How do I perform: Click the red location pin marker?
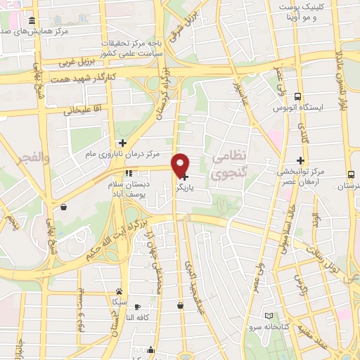(181, 164)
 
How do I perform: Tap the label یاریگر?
(201, 188)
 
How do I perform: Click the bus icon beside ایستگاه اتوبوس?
(297, 97)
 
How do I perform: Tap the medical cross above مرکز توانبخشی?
(301, 160)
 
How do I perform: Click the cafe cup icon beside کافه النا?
(137, 307)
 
